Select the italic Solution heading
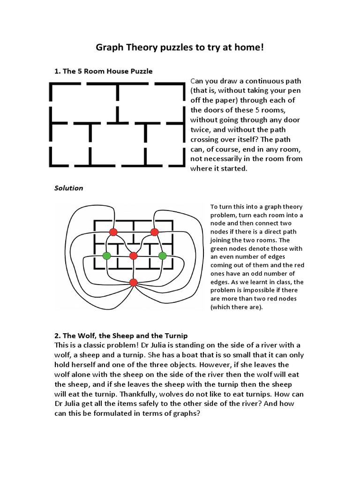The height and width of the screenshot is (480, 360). (68, 188)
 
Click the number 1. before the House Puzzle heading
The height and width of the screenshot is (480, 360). (58, 71)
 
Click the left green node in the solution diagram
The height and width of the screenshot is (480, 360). (106, 255)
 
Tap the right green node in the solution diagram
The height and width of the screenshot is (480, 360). (162, 255)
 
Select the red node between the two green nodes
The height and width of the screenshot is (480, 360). (134, 255)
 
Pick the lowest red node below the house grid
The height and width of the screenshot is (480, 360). (134, 282)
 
